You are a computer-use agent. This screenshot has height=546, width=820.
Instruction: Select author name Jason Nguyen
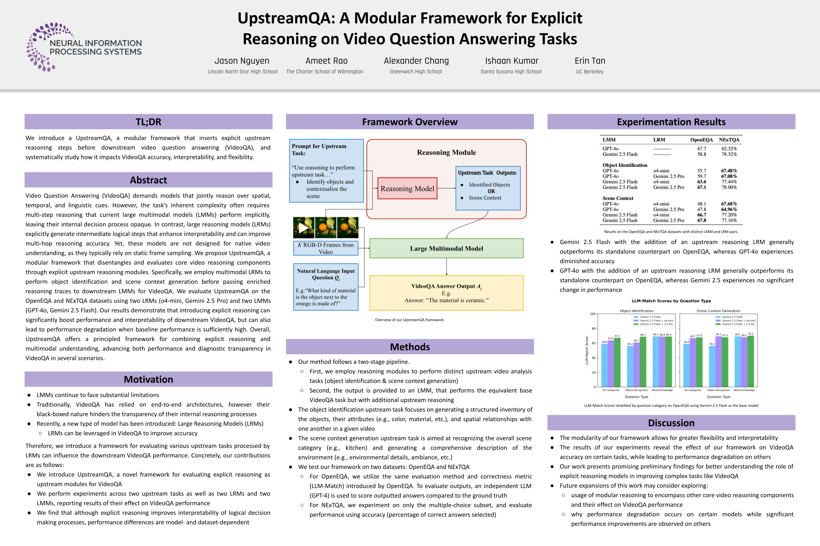(242, 61)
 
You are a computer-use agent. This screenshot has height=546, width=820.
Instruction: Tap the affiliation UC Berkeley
(590, 72)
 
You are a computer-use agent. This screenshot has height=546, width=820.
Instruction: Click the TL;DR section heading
(149, 122)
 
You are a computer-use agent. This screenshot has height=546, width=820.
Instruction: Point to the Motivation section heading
(149, 379)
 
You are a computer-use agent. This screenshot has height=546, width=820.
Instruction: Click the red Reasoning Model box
(407, 188)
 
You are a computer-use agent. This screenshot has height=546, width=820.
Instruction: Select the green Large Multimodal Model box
(446, 248)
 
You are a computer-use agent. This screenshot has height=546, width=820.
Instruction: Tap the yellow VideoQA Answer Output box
(446, 293)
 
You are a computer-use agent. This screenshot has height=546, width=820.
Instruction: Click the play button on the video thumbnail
(303, 228)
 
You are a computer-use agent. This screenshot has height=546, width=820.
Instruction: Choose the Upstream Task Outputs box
(487, 188)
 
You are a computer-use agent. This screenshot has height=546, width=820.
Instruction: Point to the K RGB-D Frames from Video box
(326, 248)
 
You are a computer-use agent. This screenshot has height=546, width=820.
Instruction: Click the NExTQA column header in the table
(729, 140)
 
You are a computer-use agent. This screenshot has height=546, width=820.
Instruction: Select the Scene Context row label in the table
(618, 198)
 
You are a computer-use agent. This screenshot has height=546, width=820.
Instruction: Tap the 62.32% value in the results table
(729, 149)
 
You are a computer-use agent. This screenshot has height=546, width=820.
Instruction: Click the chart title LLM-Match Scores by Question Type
(671, 301)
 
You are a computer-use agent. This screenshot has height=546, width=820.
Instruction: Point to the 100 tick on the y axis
(592, 314)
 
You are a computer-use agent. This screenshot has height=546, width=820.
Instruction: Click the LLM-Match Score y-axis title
(587, 350)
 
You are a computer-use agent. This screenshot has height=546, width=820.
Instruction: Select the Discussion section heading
(671, 423)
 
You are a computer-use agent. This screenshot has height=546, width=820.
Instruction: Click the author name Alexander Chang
(416, 61)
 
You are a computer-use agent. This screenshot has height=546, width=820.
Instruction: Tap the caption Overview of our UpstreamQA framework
(410, 320)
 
